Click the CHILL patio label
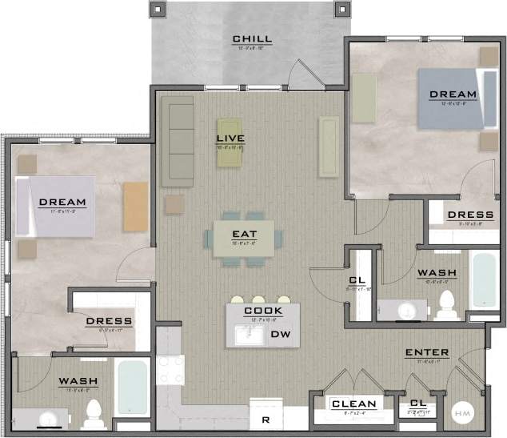click(x=252, y=39)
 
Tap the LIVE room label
click(x=230, y=139)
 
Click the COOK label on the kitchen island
click(x=263, y=311)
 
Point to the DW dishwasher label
click(x=280, y=334)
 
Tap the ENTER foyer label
click(x=426, y=352)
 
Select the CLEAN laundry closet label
click(x=353, y=404)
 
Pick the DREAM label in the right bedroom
click(x=453, y=94)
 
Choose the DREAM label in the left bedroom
click(x=62, y=203)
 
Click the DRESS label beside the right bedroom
click(x=469, y=215)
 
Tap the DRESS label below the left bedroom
click(x=109, y=322)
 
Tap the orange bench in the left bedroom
click(x=135, y=206)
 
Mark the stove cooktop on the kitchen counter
click(x=170, y=369)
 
